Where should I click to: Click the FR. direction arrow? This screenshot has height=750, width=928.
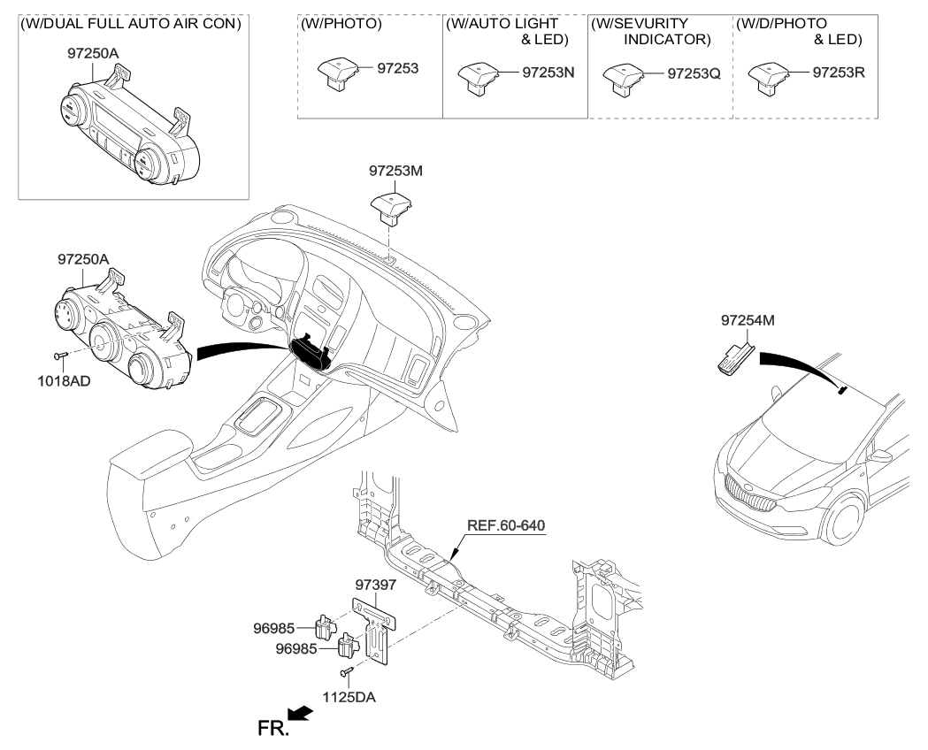point(301,714)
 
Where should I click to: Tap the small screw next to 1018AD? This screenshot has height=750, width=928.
point(59,356)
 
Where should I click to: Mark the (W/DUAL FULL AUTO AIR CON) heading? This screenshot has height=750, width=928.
point(130,24)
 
